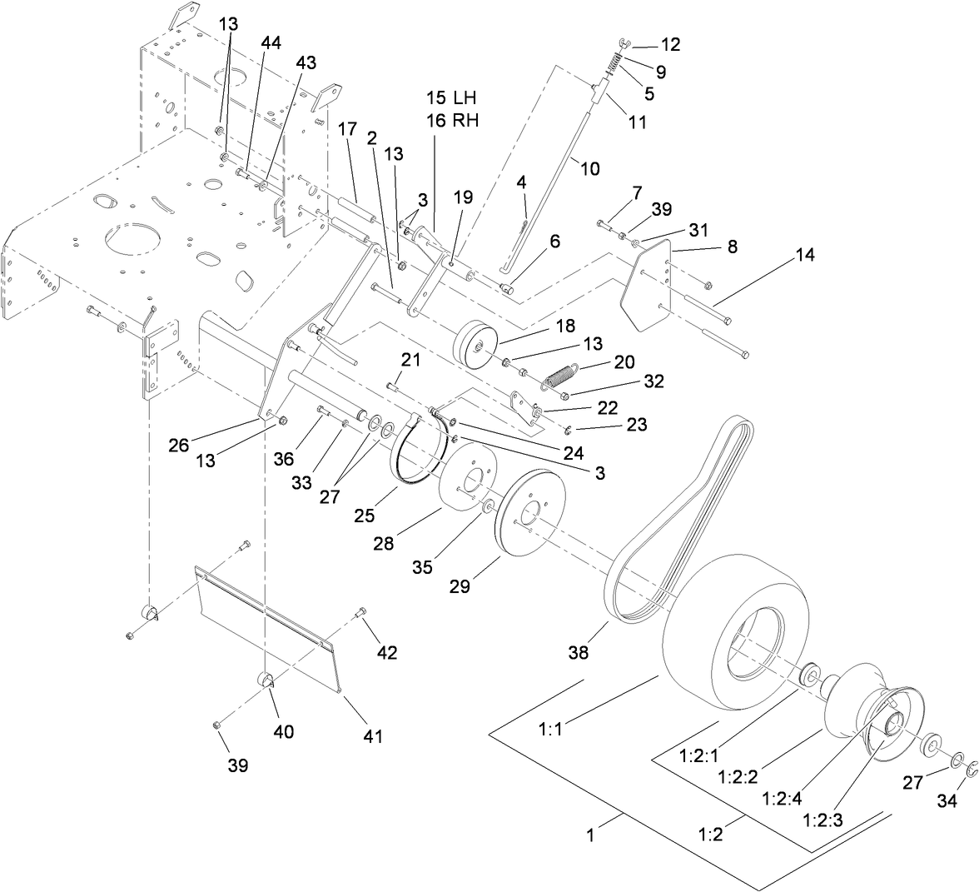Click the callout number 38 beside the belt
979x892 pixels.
tap(578, 652)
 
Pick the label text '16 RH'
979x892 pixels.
tap(455, 119)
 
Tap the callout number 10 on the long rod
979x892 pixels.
tap(589, 168)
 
